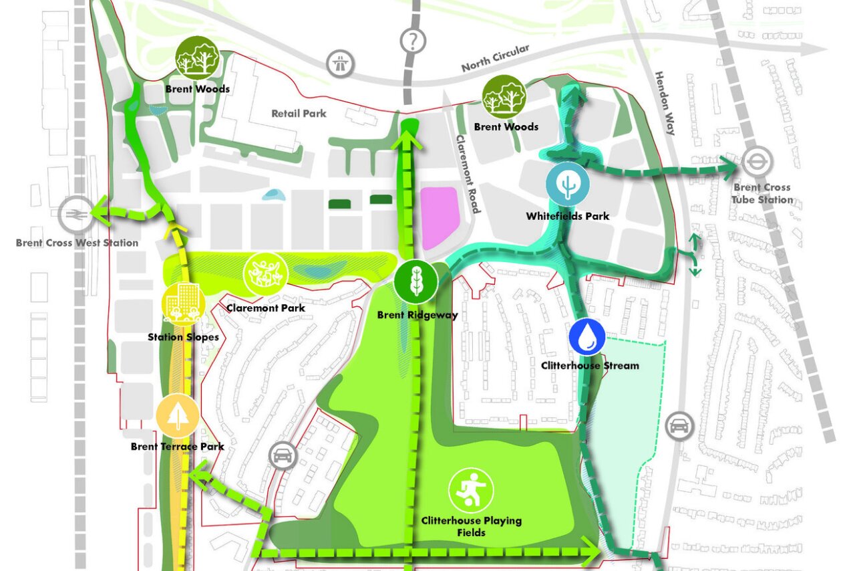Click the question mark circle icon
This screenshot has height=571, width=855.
[413, 40]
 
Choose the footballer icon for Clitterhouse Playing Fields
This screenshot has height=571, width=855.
[471, 490]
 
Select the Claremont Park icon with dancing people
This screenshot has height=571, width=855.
[265, 274]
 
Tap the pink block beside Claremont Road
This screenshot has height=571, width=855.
[438, 212]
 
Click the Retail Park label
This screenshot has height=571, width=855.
[299, 113]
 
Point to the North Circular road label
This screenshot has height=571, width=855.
[495, 58]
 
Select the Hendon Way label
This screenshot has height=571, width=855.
[665, 103]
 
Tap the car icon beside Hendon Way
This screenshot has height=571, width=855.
[679, 426]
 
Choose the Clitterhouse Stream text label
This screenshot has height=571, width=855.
[590, 365]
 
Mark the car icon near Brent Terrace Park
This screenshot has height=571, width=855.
[283, 456]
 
